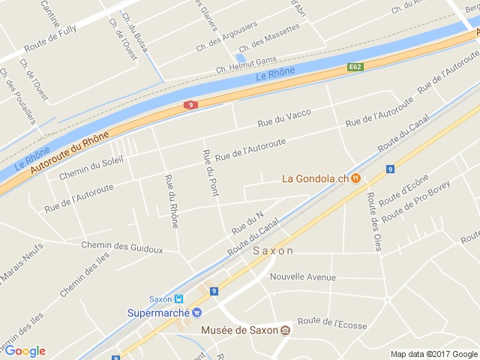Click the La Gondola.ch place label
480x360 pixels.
tap(316, 178)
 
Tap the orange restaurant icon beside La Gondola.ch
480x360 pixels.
tap(356, 178)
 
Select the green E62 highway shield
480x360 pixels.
tap(355, 67)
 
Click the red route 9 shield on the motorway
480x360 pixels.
tap(192, 105)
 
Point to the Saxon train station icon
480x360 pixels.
tap(178, 298)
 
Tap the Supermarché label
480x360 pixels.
tap(158, 313)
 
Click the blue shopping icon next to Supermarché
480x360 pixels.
tap(197, 313)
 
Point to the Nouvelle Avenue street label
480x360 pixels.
tap(303, 277)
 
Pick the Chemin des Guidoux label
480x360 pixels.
tap(121, 247)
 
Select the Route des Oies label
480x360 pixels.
tap(372, 220)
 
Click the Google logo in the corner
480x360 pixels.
tap(25, 351)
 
